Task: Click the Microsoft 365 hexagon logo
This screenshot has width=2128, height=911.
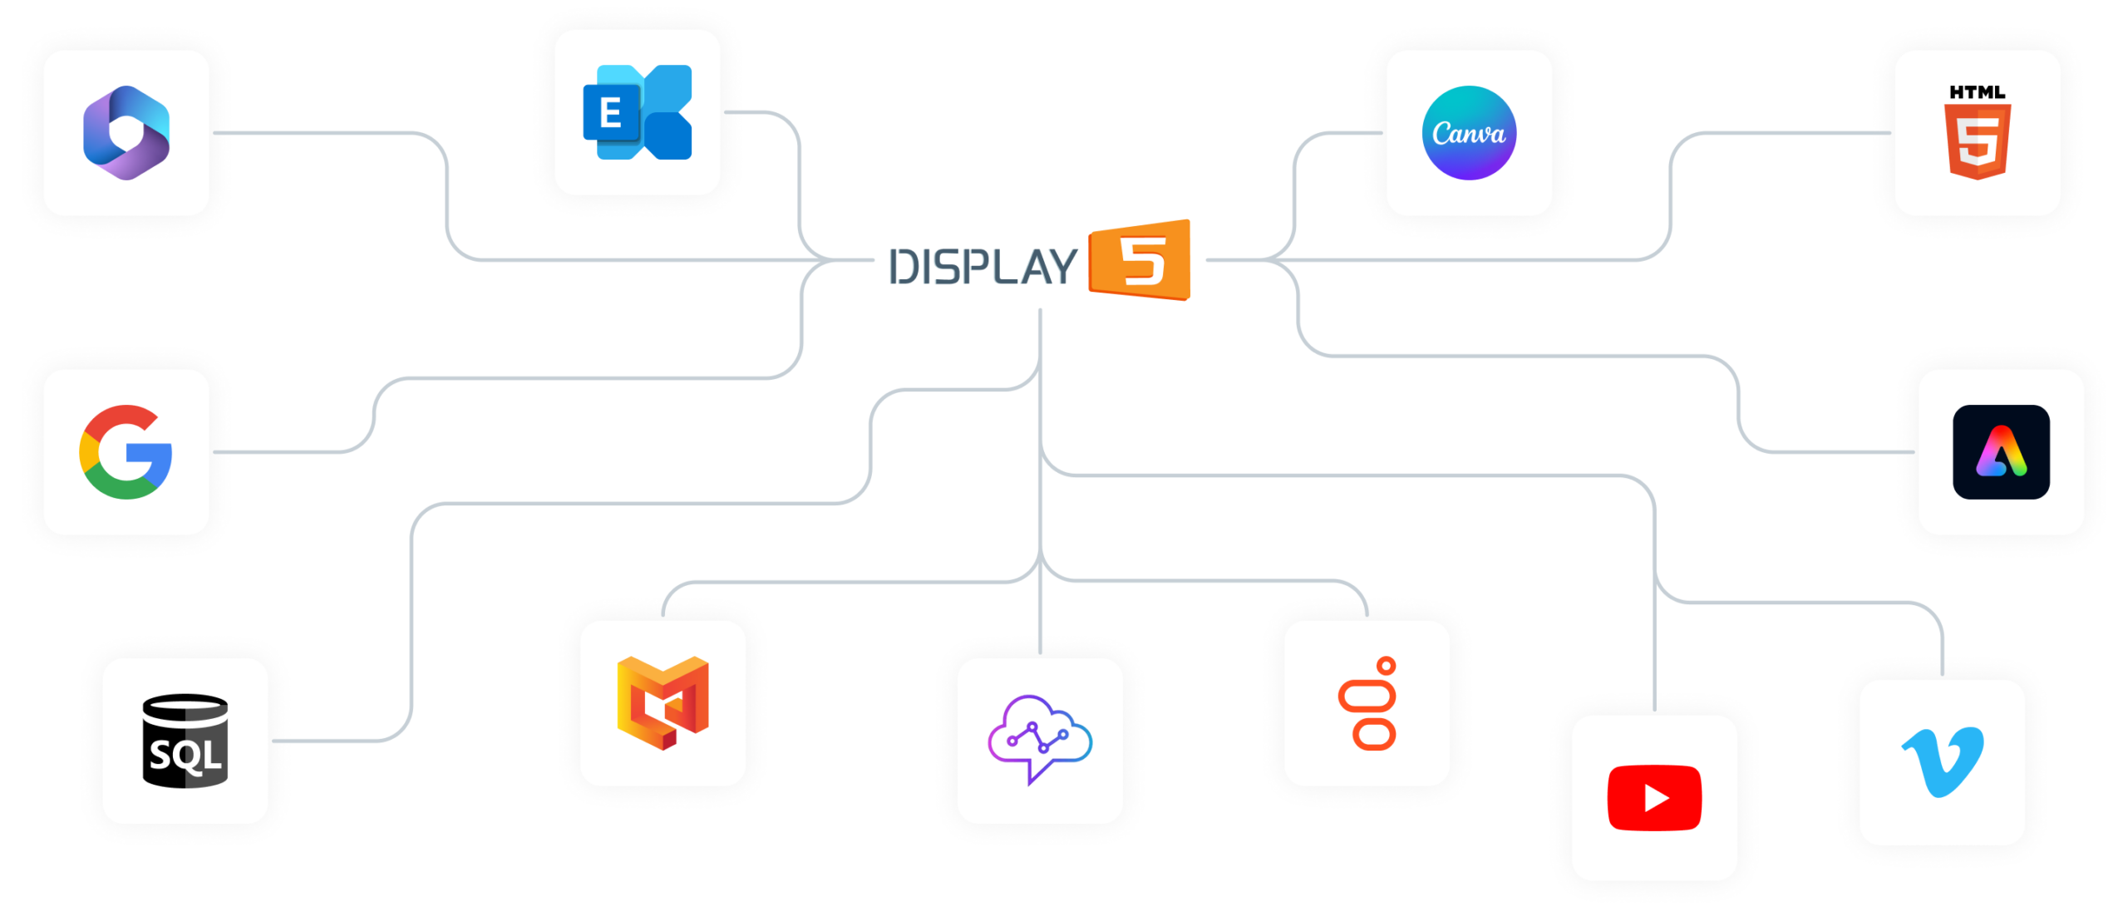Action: (126, 133)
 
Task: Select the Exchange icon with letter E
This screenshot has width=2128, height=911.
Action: (638, 112)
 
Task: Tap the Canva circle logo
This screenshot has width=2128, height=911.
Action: (1469, 133)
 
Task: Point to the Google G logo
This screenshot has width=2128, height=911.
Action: (126, 452)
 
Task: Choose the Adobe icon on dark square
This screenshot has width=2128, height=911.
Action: (2001, 452)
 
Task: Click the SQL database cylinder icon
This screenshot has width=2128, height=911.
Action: (185, 741)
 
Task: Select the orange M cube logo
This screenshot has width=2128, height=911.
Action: (663, 702)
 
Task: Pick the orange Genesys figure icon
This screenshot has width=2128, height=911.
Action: (1367, 703)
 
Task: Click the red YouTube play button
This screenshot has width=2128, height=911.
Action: (1654, 798)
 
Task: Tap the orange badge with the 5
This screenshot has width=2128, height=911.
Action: (1140, 260)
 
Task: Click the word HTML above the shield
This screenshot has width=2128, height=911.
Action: (1978, 92)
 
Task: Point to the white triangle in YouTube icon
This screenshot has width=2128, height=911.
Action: (1656, 799)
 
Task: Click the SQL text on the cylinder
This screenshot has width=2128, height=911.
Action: (185, 756)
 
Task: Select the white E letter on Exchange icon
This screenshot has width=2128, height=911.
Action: (611, 113)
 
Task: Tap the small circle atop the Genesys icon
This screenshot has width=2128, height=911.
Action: (1386, 666)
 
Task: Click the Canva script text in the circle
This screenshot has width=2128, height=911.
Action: (1469, 134)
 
